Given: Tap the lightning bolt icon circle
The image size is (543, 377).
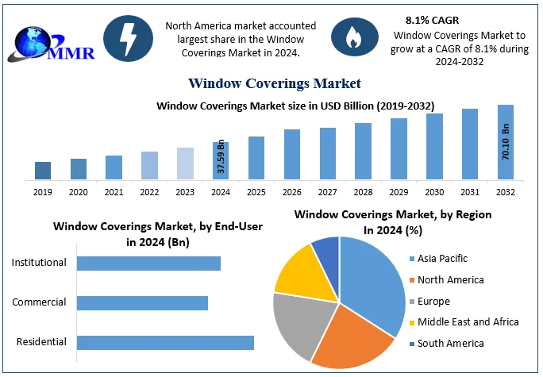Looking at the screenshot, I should coord(129,37).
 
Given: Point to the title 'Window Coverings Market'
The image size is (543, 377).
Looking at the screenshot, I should coord(275,83).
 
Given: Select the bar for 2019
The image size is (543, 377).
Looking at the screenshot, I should coord(43,170).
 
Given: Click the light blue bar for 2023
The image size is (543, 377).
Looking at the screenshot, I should coord(185,163).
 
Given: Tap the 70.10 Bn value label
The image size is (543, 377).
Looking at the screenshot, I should coord(506,142).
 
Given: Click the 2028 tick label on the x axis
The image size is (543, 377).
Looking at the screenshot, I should coord(363,191).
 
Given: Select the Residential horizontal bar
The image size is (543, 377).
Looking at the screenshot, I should coord(165,343).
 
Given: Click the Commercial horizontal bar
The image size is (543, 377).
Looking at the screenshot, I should coord(142,303).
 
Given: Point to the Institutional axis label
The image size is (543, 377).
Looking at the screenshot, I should coord(39,263).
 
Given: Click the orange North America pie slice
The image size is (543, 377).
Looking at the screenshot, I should coord(353,333).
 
